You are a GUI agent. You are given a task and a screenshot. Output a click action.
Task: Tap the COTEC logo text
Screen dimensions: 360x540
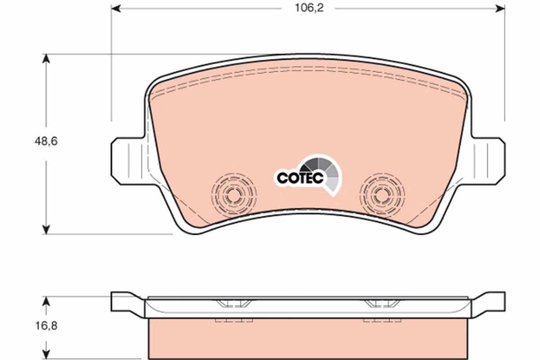pos(300,178)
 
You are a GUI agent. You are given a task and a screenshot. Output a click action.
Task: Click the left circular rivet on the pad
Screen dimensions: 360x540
pos(234,195)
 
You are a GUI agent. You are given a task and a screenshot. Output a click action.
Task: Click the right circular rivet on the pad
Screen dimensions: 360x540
pos(382,195)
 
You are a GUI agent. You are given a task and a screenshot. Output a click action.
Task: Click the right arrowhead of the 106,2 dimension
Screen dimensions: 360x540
pos(499,8)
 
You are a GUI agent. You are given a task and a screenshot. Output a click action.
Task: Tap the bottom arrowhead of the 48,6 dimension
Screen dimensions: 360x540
pos(46,229)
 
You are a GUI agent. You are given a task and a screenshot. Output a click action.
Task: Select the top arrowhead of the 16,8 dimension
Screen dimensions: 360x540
pos(46,301)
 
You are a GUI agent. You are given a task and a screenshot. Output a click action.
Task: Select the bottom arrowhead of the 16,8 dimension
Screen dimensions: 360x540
pos(46,355)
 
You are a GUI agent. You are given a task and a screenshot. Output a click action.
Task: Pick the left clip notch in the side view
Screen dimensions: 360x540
pos(233,303)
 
